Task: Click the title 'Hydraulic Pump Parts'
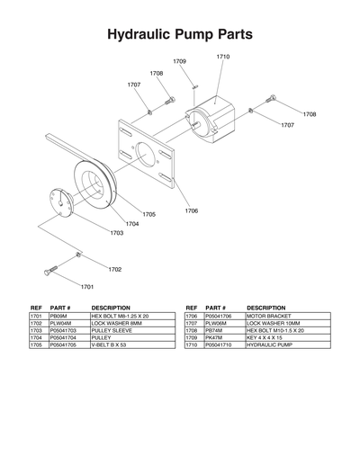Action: click(x=179, y=35)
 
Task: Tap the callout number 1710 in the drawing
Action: click(x=222, y=57)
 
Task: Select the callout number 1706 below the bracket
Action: click(x=192, y=210)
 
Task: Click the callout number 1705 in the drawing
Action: click(x=148, y=214)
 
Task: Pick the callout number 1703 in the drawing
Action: click(x=117, y=233)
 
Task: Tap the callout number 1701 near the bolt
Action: click(x=87, y=286)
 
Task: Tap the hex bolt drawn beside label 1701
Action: click(x=51, y=270)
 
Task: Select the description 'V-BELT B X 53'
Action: click(x=113, y=344)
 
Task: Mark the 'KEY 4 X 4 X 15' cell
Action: click(x=266, y=337)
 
